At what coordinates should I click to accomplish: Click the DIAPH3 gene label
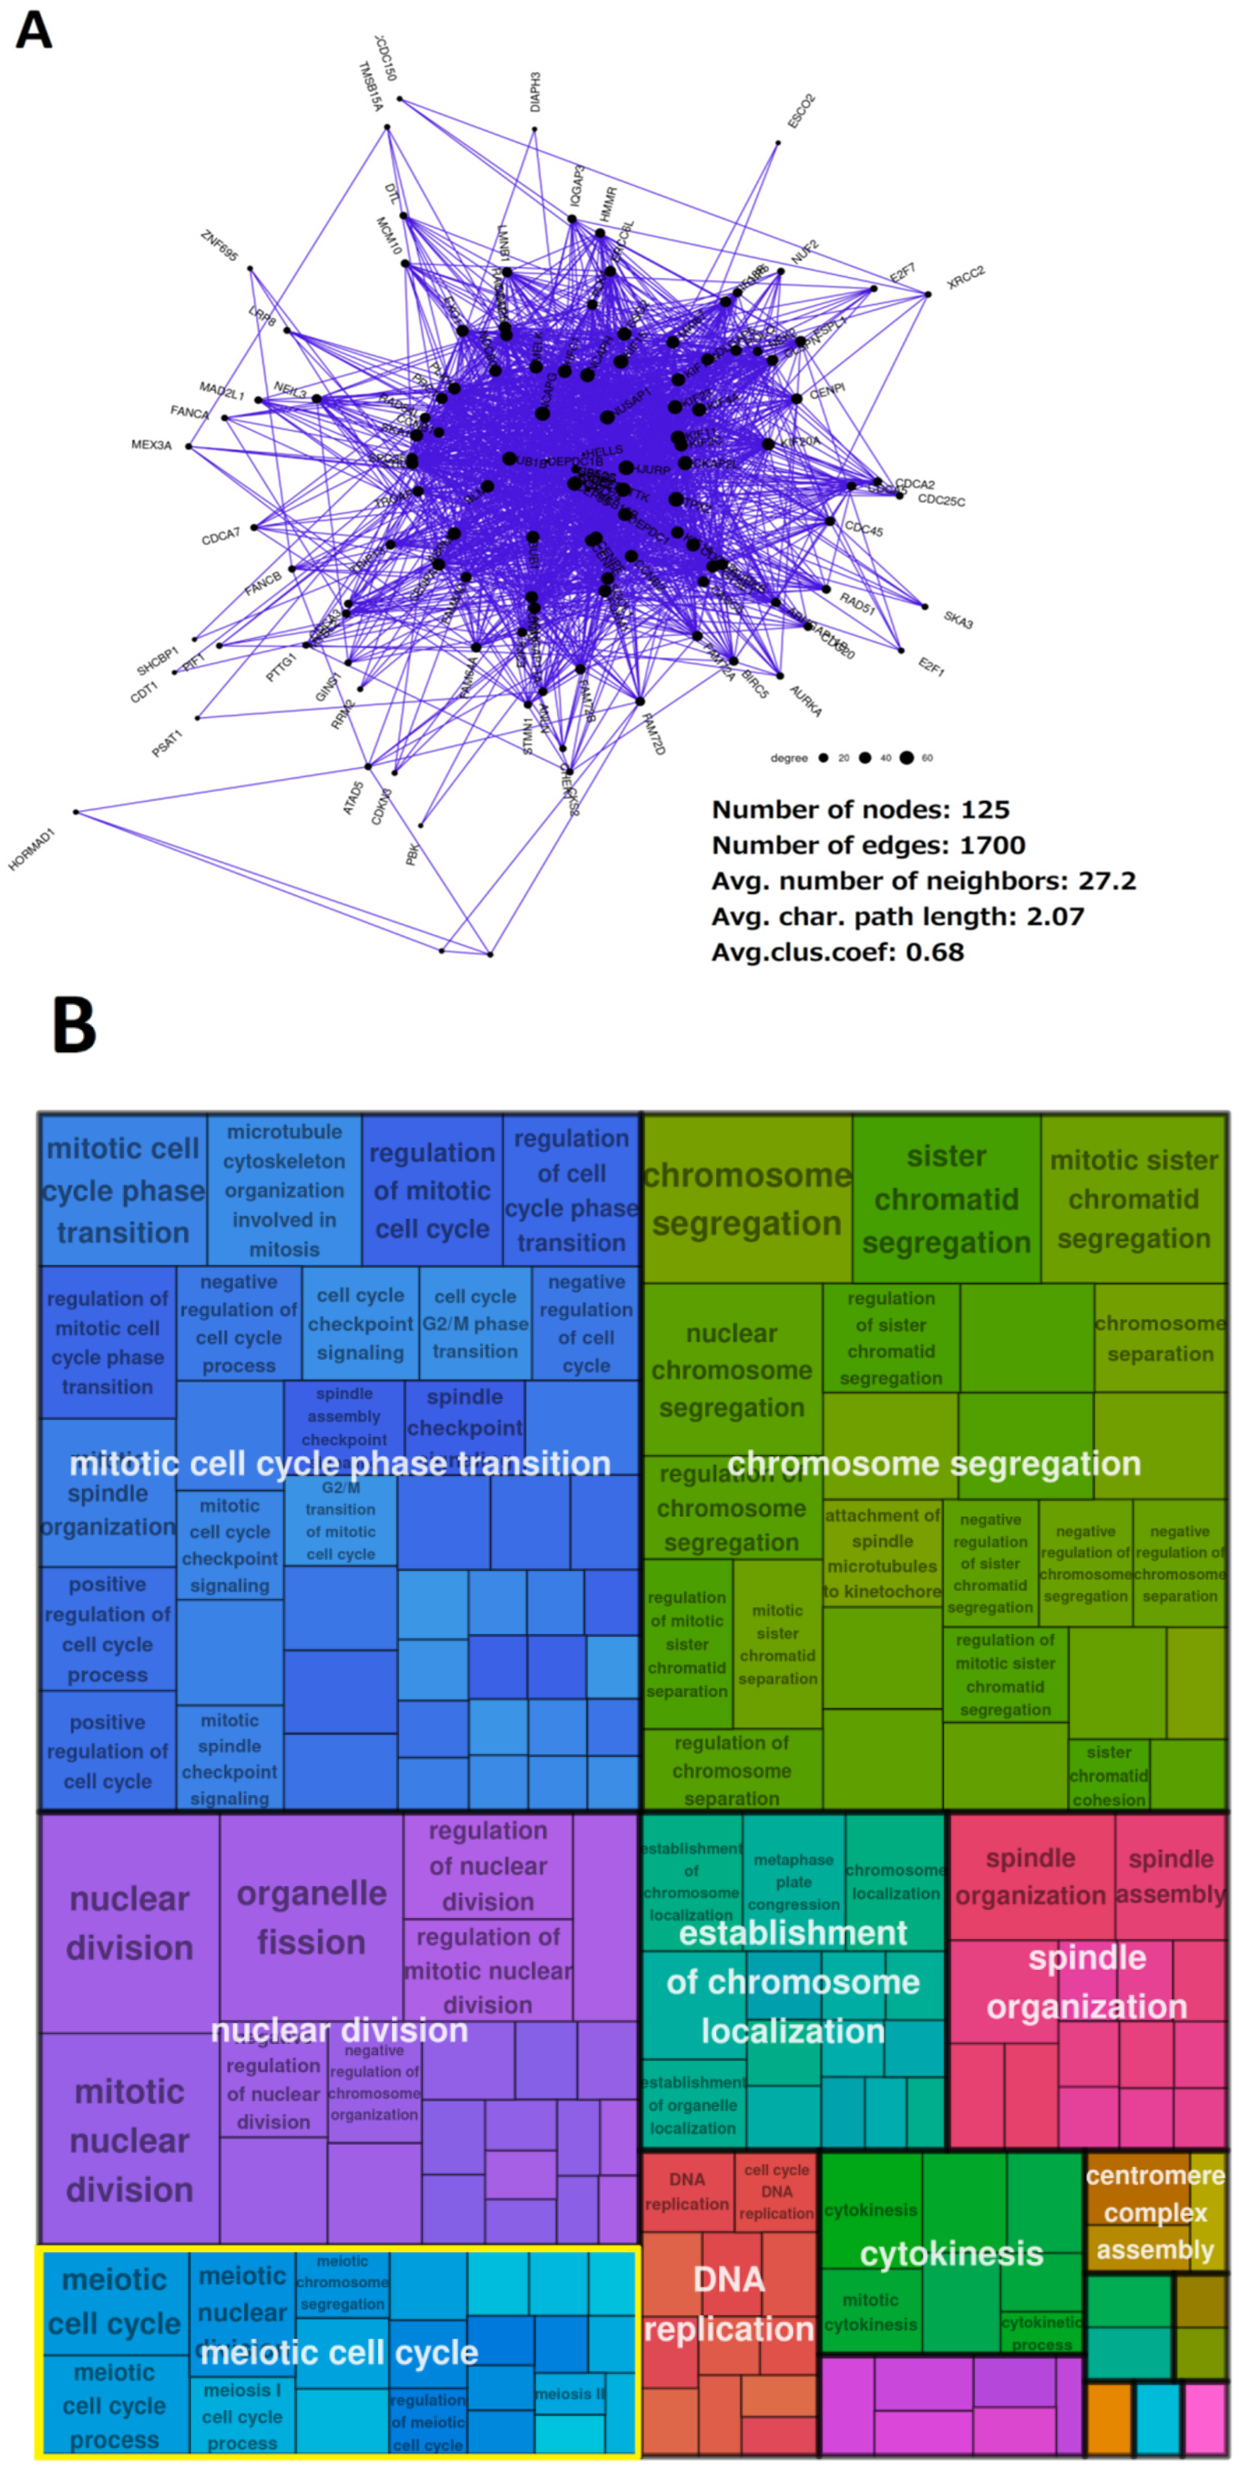536,91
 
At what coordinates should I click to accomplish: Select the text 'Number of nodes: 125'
860,809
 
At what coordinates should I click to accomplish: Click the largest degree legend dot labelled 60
906,758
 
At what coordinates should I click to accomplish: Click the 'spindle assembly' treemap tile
1170,1876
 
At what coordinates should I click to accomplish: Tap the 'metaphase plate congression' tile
793,1881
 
